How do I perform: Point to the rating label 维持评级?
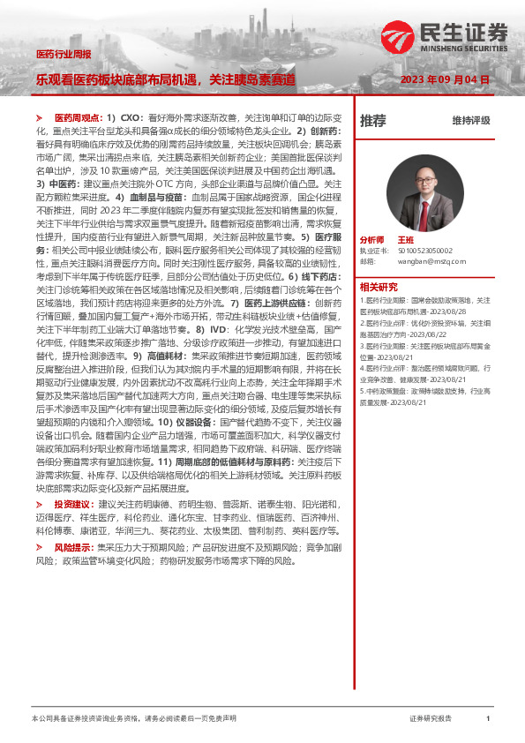[470, 120]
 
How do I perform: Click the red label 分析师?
[371, 239]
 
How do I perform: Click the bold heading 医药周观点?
[76, 117]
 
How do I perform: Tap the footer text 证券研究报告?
[430, 719]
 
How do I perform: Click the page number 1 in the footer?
[487, 719]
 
